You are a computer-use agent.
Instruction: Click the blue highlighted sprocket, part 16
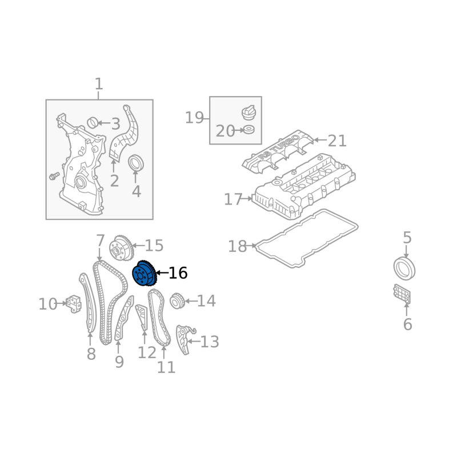click(x=145, y=274)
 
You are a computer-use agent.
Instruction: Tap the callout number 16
click(x=178, y=273)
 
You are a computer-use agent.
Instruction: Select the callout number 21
click(x=337, y=141)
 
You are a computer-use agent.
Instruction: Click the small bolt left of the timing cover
click(x=54, y=176)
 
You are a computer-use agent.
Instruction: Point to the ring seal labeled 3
click(x=93, y=123)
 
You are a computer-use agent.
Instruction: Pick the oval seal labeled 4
click(x=136, y=163)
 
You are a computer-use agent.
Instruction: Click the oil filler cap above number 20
click(x=248, y=112)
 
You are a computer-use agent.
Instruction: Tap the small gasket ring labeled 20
click(x=248, y=130)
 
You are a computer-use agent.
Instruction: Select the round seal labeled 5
click(x=404, y=268)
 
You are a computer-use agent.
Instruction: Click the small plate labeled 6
click(x=402, y=294)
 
